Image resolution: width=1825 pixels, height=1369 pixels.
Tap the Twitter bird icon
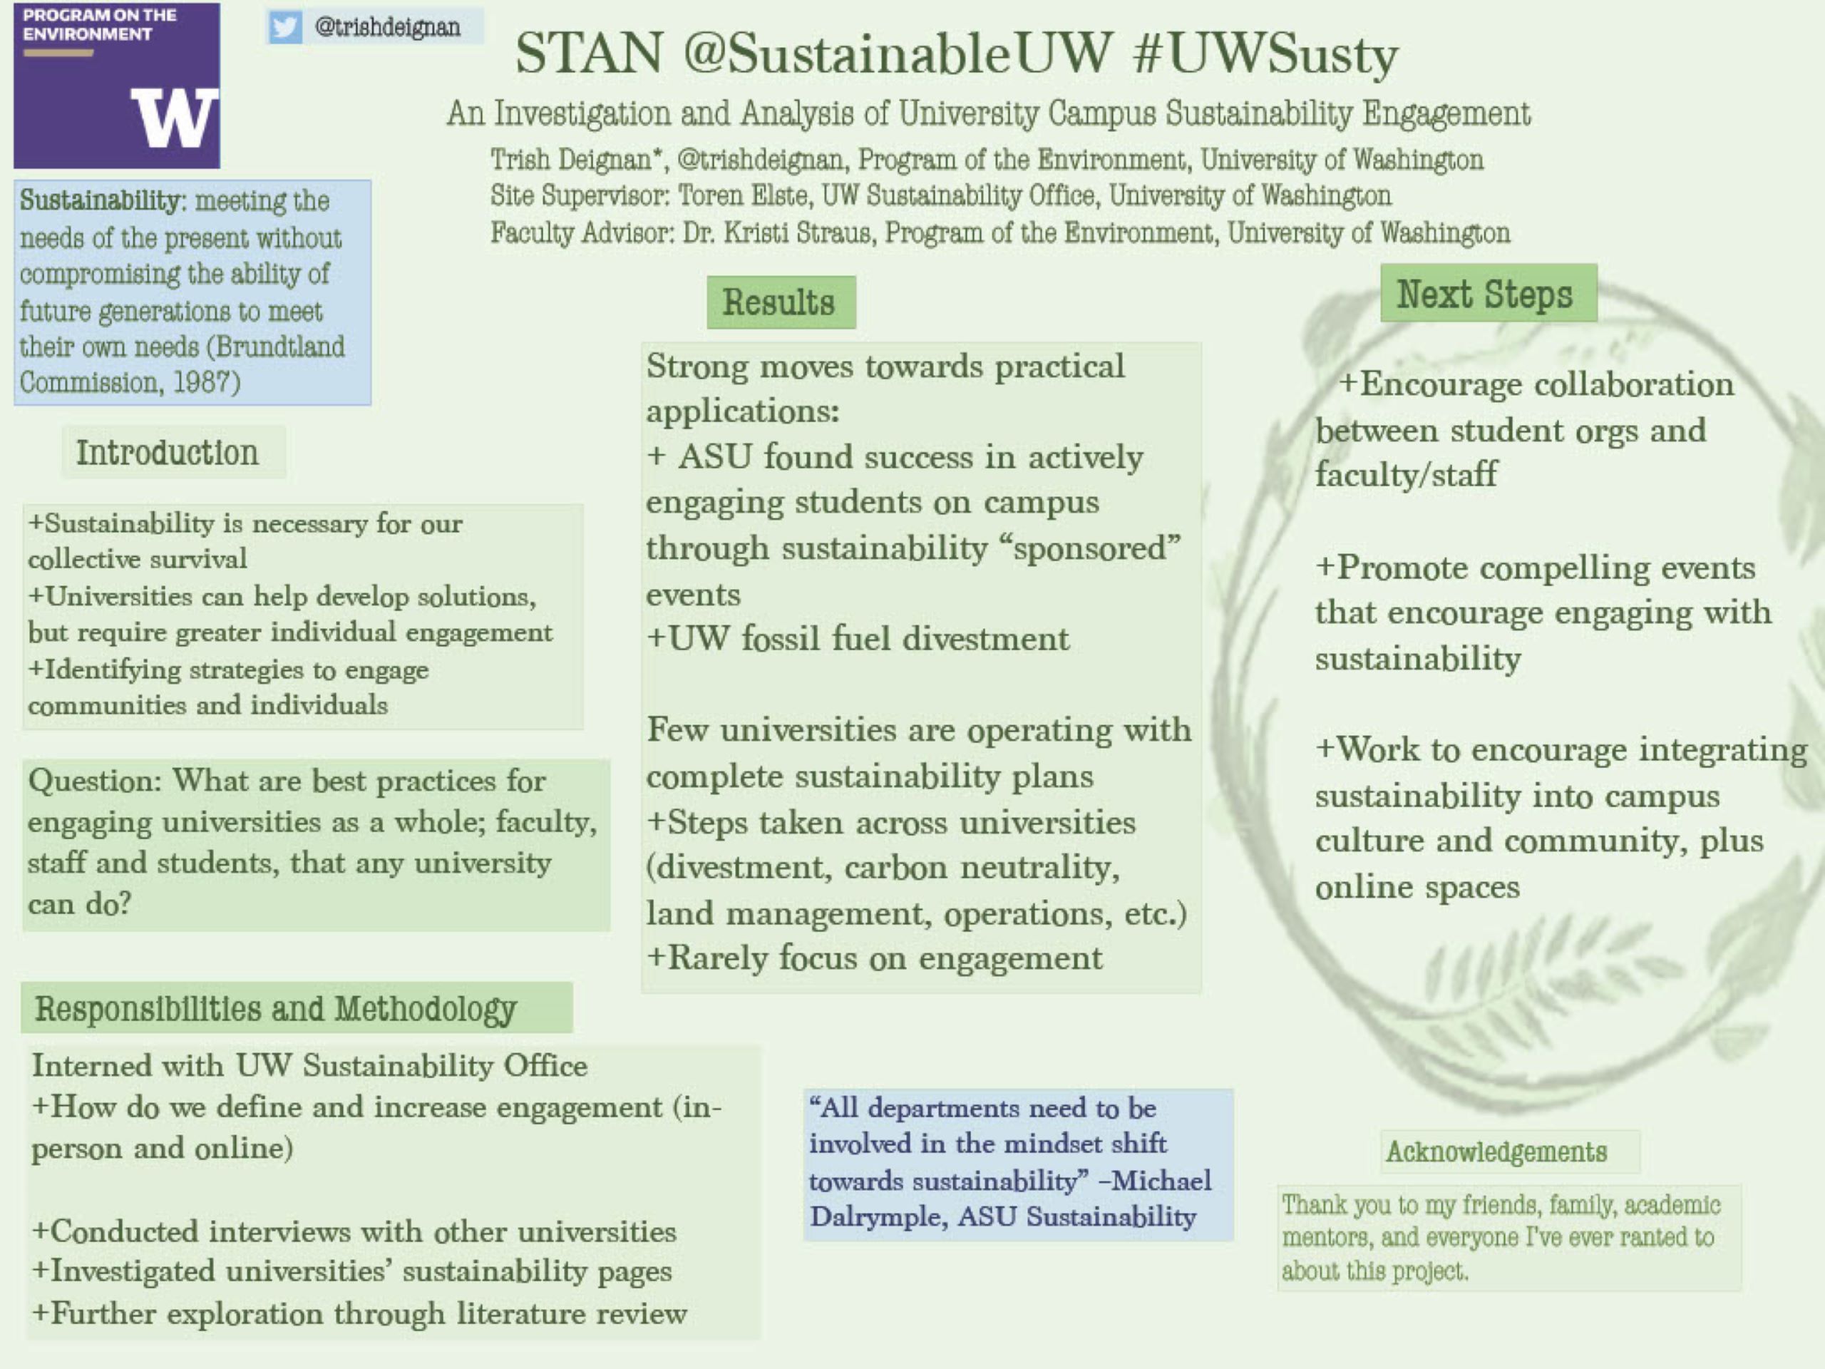coord(284,27)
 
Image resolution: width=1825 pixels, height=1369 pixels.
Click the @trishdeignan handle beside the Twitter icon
coord(388,27)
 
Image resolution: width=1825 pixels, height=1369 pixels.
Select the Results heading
coord(779,302)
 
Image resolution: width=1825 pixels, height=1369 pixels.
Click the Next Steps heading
coord(1484,294)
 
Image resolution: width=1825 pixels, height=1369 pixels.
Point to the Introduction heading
coord(168,452)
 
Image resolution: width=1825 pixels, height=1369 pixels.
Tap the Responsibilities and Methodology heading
coord(276,1008)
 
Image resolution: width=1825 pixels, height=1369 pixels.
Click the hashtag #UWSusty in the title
coord(1266,54)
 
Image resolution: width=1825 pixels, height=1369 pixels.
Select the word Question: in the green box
coord(95,781)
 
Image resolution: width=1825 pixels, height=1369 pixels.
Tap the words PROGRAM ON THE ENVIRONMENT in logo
coord(100,25)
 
